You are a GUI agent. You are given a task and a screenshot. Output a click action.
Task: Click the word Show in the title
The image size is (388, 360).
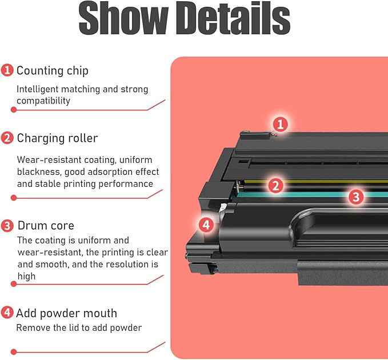point(123,18)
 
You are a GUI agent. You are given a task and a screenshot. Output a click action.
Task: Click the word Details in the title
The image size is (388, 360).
point(233,18)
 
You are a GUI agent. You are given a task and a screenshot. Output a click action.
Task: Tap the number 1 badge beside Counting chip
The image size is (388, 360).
point(7,70)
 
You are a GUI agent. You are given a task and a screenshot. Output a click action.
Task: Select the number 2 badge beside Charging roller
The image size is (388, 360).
point(7,138)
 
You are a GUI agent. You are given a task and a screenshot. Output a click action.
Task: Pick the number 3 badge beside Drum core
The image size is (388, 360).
point(7,225)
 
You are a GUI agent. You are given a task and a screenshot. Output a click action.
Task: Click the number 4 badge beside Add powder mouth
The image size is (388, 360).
point(7,313)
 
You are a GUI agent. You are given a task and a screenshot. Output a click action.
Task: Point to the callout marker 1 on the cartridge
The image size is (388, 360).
point(280,124)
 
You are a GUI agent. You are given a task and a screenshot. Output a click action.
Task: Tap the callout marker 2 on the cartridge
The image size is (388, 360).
point(275,185)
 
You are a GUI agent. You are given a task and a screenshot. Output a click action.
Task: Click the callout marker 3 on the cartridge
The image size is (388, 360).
point(356,197)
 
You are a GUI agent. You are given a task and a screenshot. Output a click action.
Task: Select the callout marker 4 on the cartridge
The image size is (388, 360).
point(206,225)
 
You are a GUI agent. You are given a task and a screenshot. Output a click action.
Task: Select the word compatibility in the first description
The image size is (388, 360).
point(43,101)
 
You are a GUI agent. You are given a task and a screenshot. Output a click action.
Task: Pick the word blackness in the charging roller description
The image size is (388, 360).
point(39,171)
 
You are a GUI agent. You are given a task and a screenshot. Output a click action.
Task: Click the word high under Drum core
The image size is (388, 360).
point(26,276)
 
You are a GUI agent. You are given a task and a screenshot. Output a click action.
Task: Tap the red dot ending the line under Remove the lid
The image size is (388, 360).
point(14,351)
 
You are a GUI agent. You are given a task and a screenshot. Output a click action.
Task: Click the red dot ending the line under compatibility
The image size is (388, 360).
point(14,110)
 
